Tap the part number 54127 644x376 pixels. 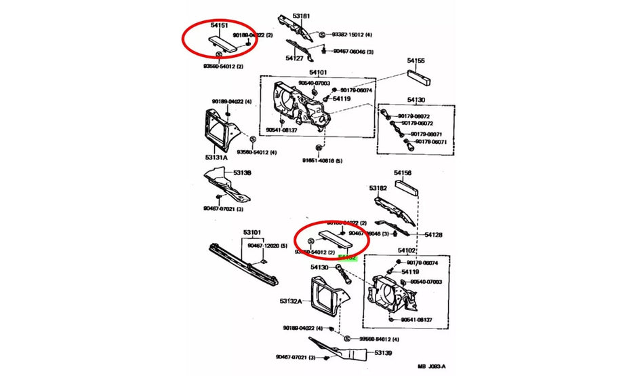294,58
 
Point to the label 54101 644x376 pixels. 318,72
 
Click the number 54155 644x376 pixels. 416,61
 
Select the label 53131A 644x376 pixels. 215,157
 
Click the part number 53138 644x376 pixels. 242,173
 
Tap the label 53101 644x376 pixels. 252,233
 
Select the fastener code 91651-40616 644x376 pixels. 323,161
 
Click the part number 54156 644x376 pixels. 403,174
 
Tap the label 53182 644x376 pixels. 378,188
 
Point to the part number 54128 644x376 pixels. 433,235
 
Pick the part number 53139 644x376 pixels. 384,353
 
